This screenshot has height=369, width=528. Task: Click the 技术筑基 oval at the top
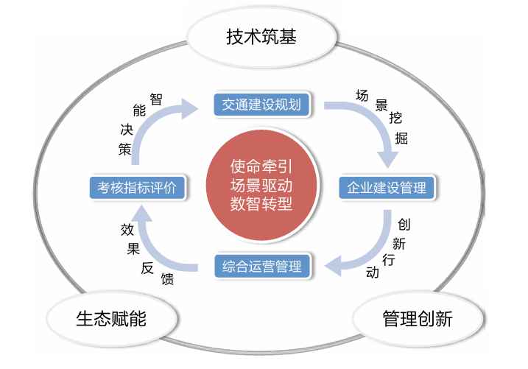261,35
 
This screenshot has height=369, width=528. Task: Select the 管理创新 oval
418,319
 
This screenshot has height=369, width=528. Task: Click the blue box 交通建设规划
261,105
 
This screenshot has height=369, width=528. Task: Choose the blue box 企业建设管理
387,188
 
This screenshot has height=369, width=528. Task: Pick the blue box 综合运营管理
261,266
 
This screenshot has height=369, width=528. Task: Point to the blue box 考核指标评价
137,187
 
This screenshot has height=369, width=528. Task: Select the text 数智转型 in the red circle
261,204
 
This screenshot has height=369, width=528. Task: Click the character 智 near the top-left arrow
156,99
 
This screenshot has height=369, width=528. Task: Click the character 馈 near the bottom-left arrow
168,279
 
